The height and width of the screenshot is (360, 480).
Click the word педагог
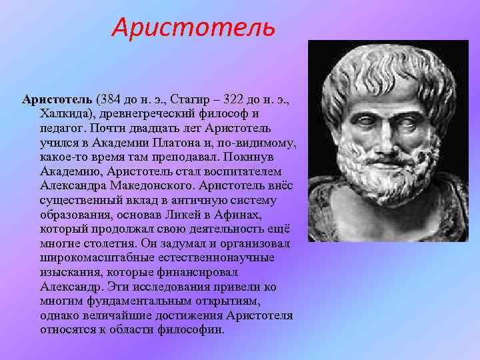(x=60, y=129)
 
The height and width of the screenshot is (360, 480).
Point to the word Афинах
(x=240, y=216)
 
